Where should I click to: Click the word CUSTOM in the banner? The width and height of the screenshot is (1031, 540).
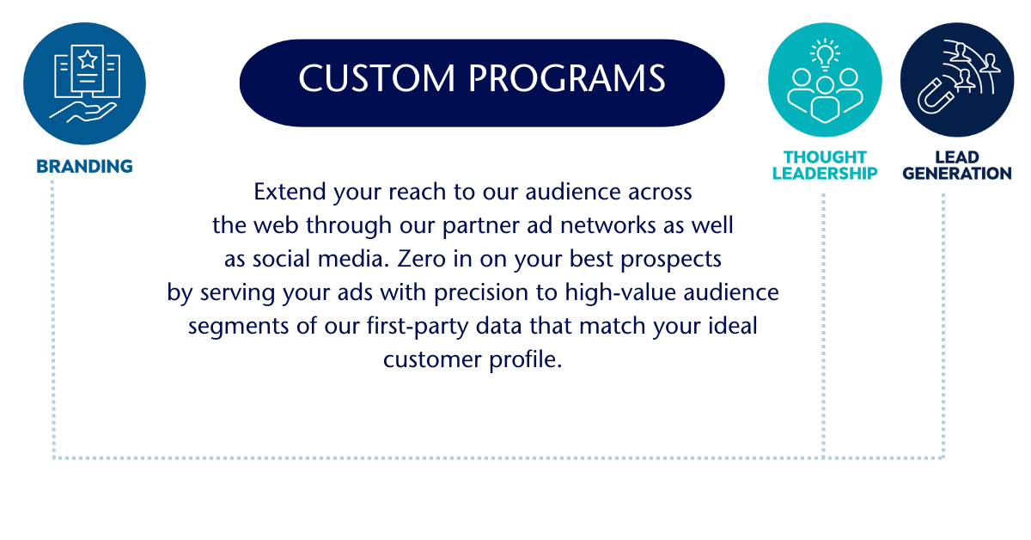tap(377, 78)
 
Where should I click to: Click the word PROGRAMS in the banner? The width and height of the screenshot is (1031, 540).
tap(567, 78)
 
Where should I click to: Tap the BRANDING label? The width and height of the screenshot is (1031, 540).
tap(85, 166)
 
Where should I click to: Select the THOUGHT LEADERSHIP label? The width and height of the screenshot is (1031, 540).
tap(825, 165)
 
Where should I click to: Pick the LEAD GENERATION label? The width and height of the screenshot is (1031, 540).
tap(957, 165)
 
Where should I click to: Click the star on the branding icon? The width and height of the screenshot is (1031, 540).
tap(88, 59)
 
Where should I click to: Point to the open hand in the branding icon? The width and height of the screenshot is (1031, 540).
tap(82, 113)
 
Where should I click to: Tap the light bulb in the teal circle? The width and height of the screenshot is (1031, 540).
tap(825, 54)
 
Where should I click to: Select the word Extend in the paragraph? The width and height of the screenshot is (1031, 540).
tap(290, 192)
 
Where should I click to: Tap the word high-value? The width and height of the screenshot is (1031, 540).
tap(620, 293)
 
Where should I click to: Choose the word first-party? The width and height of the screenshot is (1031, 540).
tap(417, 327)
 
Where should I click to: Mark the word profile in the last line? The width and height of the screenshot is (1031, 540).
tap(525, 359)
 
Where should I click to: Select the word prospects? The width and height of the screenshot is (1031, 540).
tap(671, 260)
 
